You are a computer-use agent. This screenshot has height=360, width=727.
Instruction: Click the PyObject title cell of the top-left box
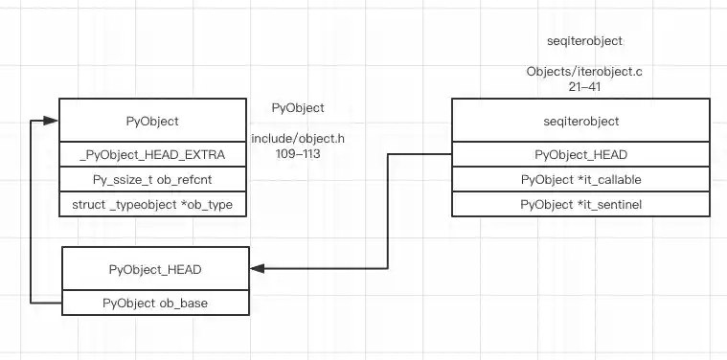(x=152, y=122)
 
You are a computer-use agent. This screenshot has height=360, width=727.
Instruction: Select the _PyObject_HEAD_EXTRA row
(x=152, y=155)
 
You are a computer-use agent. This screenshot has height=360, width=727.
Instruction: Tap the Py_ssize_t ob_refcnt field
(x=152, y=180)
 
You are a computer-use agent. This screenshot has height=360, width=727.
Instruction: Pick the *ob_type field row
(x=152, y=205)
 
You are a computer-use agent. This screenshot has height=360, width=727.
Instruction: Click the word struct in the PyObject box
(x=89, y=205)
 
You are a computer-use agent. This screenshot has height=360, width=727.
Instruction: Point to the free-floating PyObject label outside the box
(x=298, y=108)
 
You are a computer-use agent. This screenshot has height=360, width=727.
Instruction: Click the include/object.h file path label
(x=298, y=139)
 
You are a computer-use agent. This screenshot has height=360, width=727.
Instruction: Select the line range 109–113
(x=298, y=153)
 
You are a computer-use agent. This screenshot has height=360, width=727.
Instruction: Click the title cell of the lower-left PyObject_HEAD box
(x=155, y=270)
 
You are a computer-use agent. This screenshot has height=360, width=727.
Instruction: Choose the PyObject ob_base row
(x=155, y=303)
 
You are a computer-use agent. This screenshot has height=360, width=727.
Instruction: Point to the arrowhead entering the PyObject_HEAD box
(x=258, y=269)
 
